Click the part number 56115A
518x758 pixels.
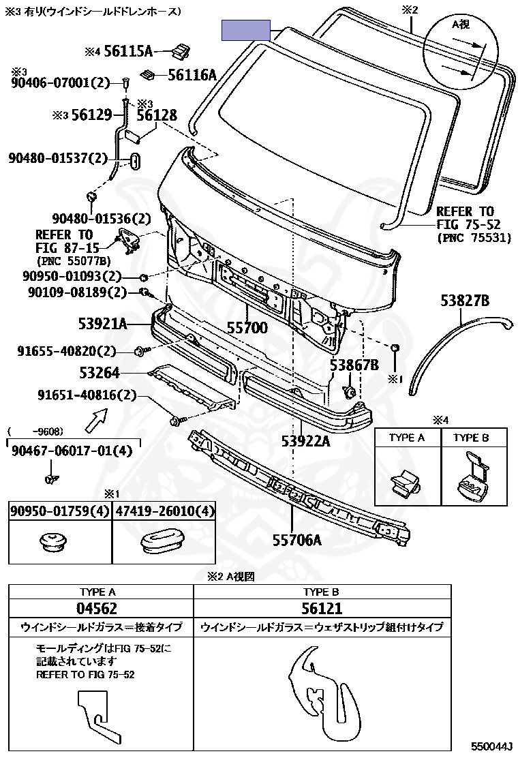point(127,50)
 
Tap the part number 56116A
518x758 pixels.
point(192,74)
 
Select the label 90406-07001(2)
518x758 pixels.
point(61,82)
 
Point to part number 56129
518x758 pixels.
point(92,115)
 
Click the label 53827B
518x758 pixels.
point(465,301)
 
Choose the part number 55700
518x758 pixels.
point(247,328)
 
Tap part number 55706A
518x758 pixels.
point(297,539)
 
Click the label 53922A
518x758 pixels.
point(306,441)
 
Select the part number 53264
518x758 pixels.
point(100,373)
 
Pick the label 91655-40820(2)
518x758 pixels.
point(67,350)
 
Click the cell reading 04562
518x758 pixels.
point(97,608)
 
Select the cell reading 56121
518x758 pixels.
point(322,608)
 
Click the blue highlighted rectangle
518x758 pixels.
point(246,30)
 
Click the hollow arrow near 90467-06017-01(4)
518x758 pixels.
point(96,419)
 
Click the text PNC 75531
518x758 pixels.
point(474,238)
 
